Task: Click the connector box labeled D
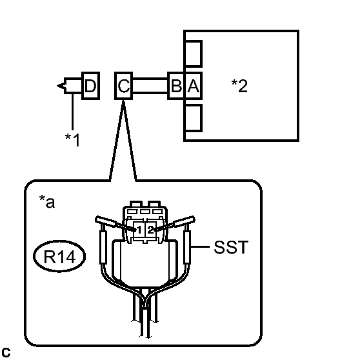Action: pos(91,86)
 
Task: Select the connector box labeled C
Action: pos(123,86)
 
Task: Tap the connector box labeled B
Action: pos(176,86)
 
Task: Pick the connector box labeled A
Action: pos(194,86)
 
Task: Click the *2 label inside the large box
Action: pos(239,86)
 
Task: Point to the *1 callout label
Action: pos(72,139)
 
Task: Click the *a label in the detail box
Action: pos(47,201)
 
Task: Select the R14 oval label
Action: pos(59,256)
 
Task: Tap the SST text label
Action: pos(231,247)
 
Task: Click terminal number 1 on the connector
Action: pos(139,230)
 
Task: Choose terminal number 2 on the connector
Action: pos(150,230)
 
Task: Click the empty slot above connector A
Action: pos(194,54)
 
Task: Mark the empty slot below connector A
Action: pos(194,118)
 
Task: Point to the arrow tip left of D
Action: pos(57,86)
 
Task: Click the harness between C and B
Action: pos(150,86)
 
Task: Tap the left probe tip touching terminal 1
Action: pos(135,229)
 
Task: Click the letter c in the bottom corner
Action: pos(6,352)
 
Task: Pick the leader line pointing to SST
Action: pos(200,247)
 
